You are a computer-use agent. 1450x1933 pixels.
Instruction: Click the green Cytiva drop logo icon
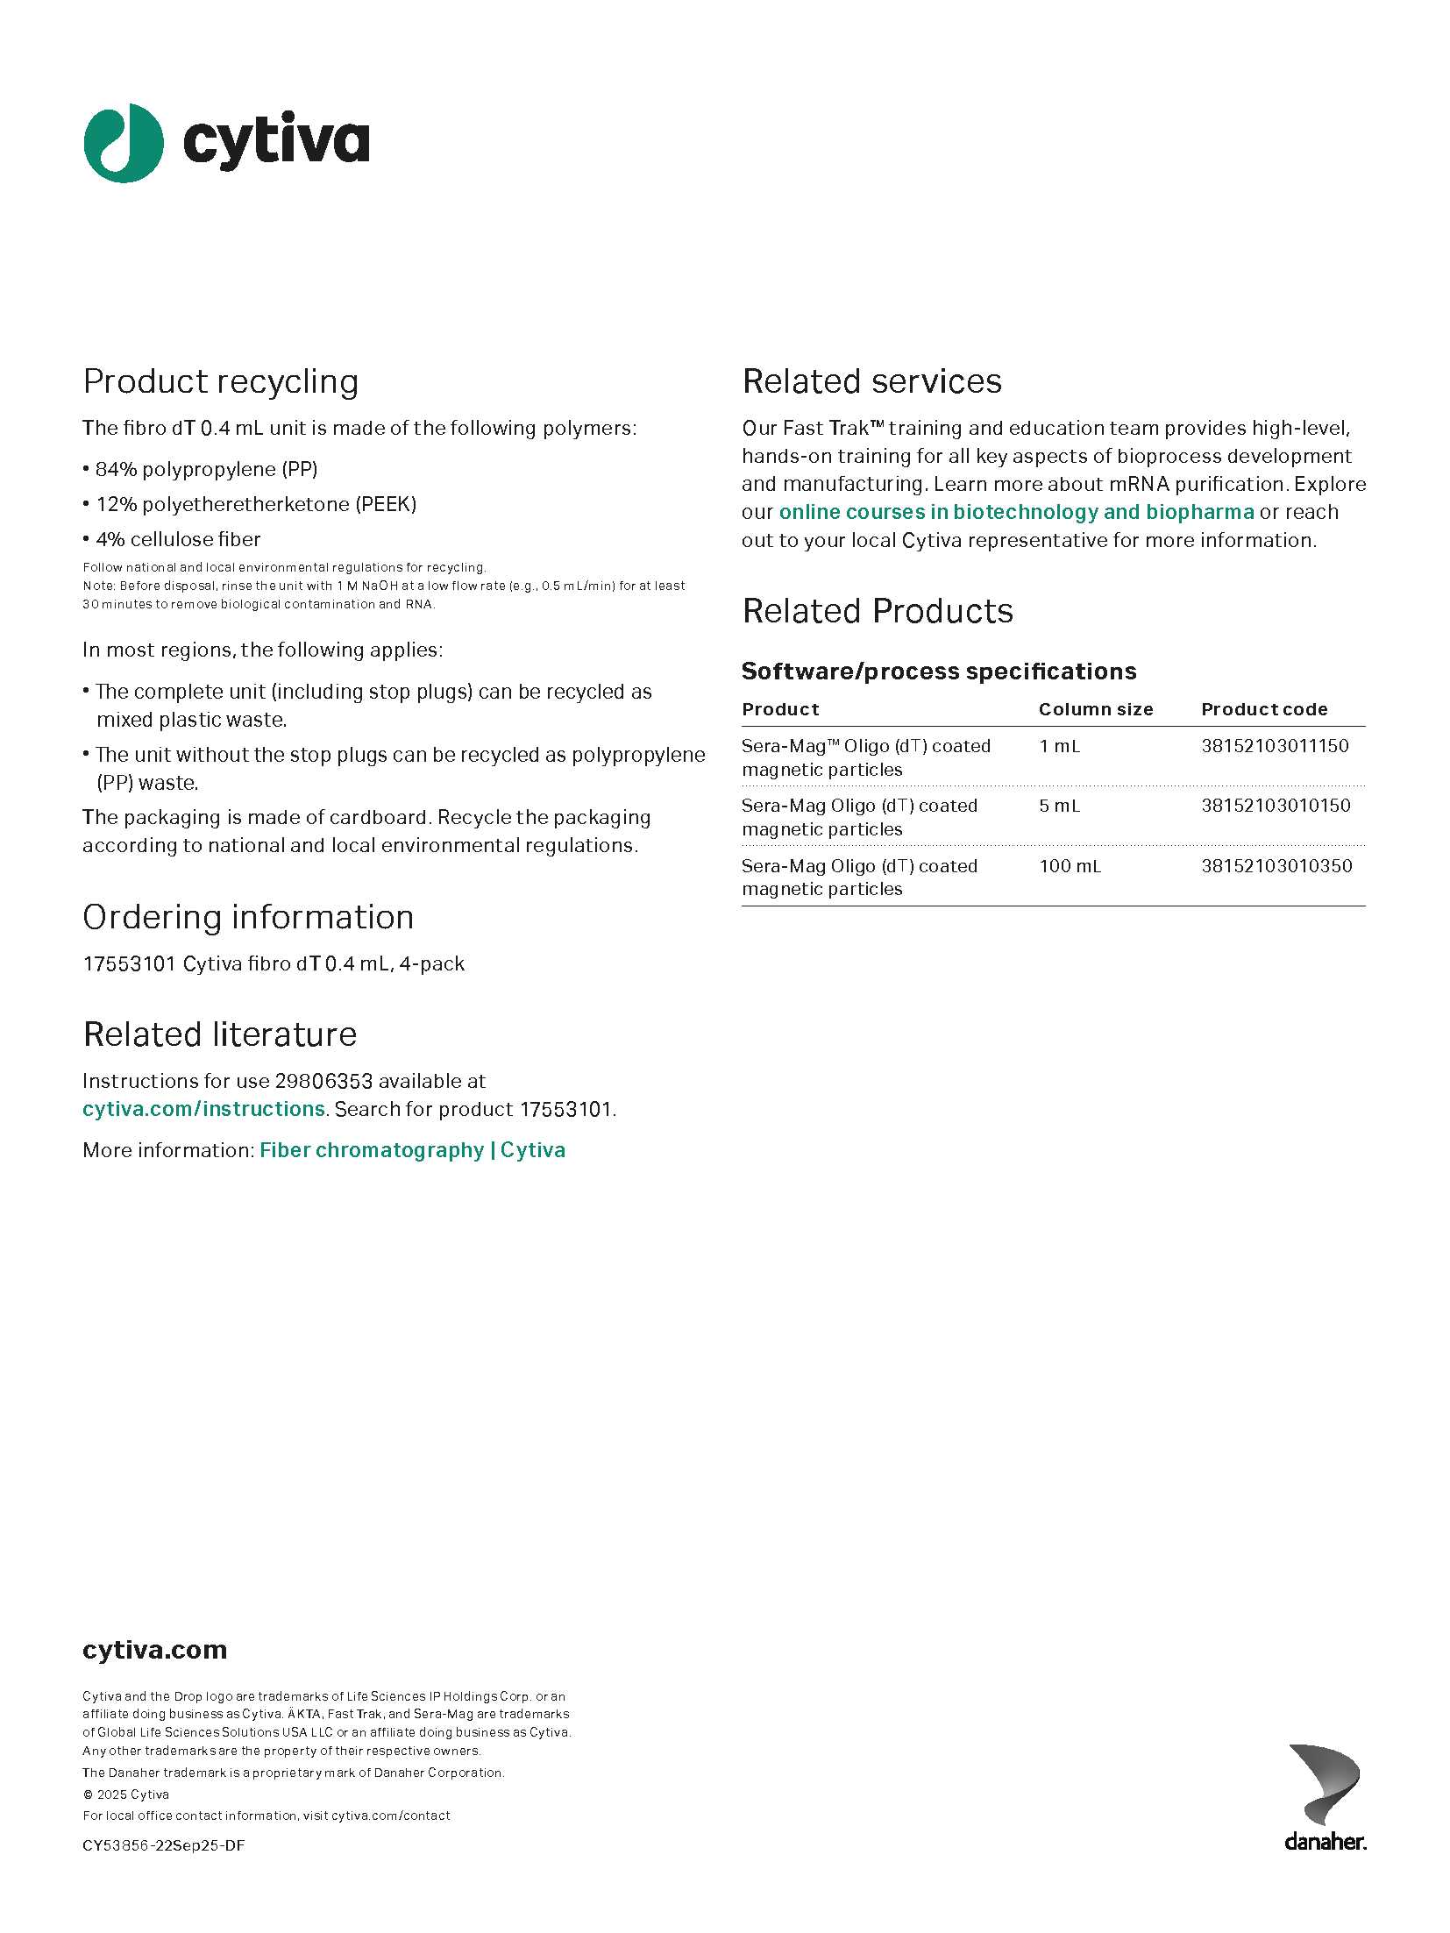click(124, 143)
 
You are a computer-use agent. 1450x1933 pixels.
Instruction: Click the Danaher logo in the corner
click(1325, 1796)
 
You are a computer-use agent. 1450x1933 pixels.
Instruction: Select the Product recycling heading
click(221, 381)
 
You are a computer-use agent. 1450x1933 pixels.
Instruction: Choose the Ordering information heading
click(248, 917)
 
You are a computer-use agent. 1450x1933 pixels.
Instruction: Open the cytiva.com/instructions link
click(203, 1109)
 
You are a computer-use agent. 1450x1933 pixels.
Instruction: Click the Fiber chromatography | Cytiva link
click(412, 1150)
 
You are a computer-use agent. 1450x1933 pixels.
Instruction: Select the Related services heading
click(871, 381)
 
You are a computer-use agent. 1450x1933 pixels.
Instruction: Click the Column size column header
click(1096, 709)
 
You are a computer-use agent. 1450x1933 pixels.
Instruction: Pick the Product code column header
click(1264, 709)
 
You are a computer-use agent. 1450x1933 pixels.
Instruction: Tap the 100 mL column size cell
click(1070, 866)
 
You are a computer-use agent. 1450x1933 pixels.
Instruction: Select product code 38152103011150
click(1275, 746)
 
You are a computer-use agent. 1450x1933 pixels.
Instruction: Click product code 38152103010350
click(1276, 866)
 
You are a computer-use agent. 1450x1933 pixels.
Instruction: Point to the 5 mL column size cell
click(1059, 806)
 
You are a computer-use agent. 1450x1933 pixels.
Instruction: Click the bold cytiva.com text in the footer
click(154, 1650)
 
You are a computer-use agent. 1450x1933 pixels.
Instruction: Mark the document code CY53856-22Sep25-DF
click(164, 1845)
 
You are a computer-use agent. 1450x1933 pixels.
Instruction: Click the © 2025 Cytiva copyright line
click(126, 1794)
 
